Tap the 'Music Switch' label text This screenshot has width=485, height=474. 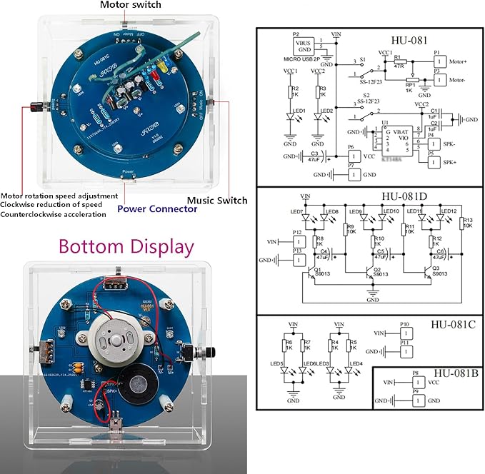216,201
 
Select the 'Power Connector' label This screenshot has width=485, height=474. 157,209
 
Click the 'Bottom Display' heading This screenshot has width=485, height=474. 126,247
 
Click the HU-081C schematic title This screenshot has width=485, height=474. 452,323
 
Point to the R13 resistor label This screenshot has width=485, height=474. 468,221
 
